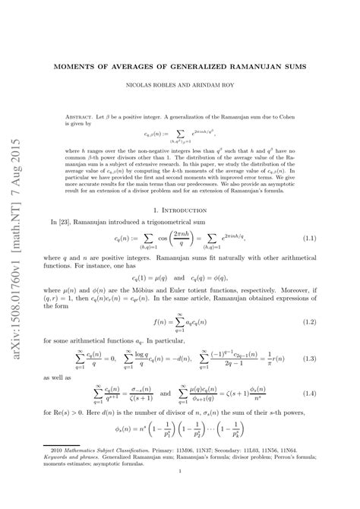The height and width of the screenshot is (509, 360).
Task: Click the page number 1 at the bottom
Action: [180, 492]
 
